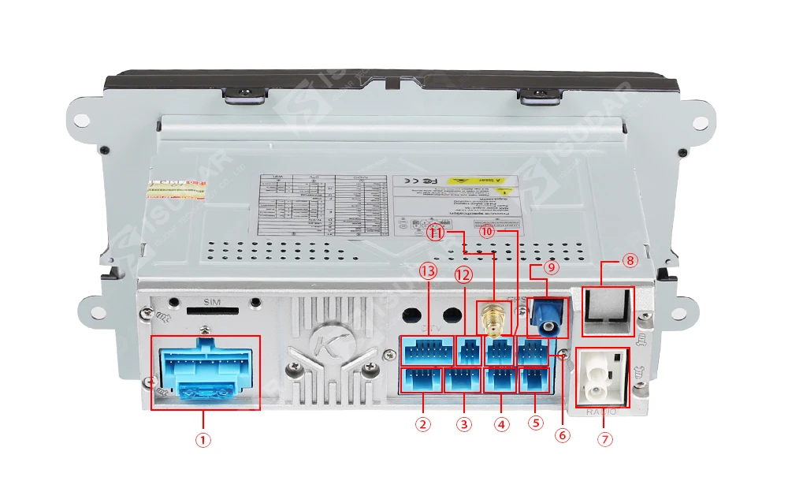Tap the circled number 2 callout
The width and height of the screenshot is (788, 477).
click(423, 424)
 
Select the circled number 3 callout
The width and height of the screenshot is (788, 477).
click(464, 424)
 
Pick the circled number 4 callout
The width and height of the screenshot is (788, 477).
click(501, 424)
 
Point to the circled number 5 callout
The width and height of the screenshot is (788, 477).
click(536, 423)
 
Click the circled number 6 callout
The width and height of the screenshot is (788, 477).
click(562, 434)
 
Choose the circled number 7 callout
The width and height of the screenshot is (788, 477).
click(605, 439)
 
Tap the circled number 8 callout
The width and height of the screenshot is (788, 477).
click(629, 260)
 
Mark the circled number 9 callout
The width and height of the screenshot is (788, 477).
click(551, 268)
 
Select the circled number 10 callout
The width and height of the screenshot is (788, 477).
click(487, 232)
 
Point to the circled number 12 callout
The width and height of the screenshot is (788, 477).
click(463, 275)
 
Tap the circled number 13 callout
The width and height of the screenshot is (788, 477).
click(428, 272)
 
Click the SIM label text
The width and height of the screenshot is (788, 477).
click(210, 303)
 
